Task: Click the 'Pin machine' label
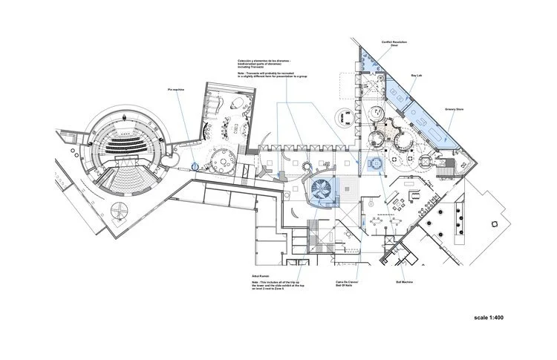point(175,90)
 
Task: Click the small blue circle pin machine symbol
point(195,166)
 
